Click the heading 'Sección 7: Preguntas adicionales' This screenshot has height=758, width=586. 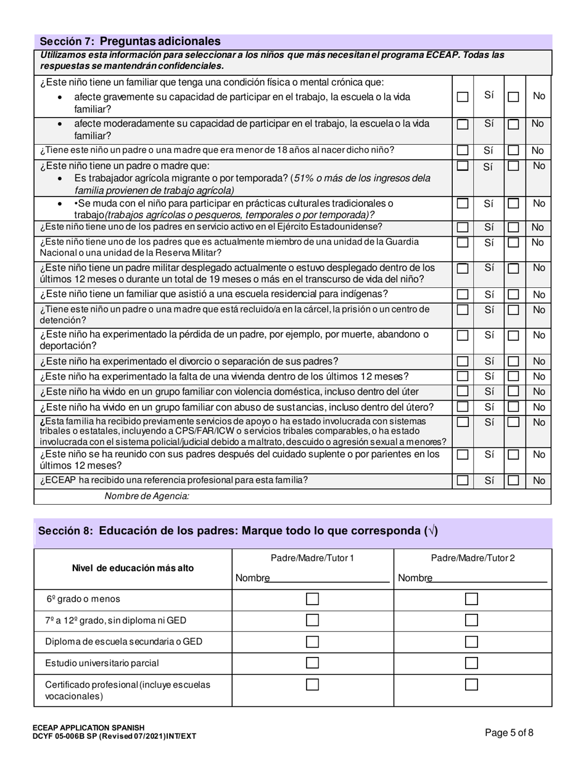coord(130,41)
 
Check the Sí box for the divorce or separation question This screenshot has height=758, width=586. coord(463,362)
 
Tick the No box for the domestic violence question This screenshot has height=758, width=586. coord(513,392)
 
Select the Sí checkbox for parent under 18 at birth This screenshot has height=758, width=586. coord(463,150)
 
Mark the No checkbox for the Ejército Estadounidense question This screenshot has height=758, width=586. coord(513,227)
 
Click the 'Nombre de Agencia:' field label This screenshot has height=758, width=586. coord(147,496)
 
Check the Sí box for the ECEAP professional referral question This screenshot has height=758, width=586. coord(463,481)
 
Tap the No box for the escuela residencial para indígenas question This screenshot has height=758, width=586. coord(513,295)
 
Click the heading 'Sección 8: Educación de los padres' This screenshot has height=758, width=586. coord(238,531)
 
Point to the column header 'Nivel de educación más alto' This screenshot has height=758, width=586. coord(133,568)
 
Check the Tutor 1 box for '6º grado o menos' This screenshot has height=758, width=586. coord(313,599)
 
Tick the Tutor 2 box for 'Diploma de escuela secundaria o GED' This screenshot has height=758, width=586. coord(471,642)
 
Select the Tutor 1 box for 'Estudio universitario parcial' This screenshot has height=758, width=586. coord(313,663)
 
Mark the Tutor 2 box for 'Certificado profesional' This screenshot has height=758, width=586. coord(471,685)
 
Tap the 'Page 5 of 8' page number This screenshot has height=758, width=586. coord(509,733)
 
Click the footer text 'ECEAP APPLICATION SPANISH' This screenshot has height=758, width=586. coord(89,728)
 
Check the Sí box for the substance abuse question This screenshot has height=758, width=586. coord(463,407)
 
